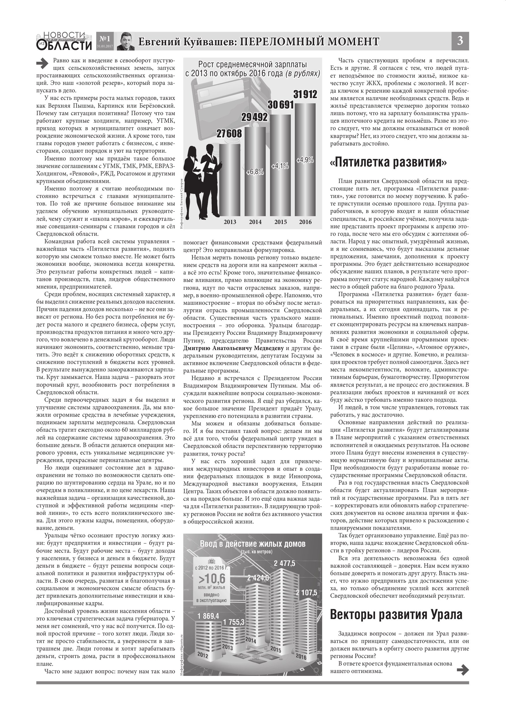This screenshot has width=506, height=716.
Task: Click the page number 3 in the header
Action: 460,41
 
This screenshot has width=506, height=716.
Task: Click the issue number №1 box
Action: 105,39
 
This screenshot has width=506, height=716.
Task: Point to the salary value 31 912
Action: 305,94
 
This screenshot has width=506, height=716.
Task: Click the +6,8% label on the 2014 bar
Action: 255,172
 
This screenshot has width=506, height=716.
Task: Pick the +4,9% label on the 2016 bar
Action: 305,160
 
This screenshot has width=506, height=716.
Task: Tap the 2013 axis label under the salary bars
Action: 230,222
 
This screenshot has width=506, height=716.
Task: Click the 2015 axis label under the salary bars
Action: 280,222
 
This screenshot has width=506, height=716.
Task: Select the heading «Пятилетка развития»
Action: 388,162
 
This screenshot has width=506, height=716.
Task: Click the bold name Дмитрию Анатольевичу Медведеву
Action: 233,348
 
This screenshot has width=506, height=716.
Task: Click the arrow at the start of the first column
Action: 42,63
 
